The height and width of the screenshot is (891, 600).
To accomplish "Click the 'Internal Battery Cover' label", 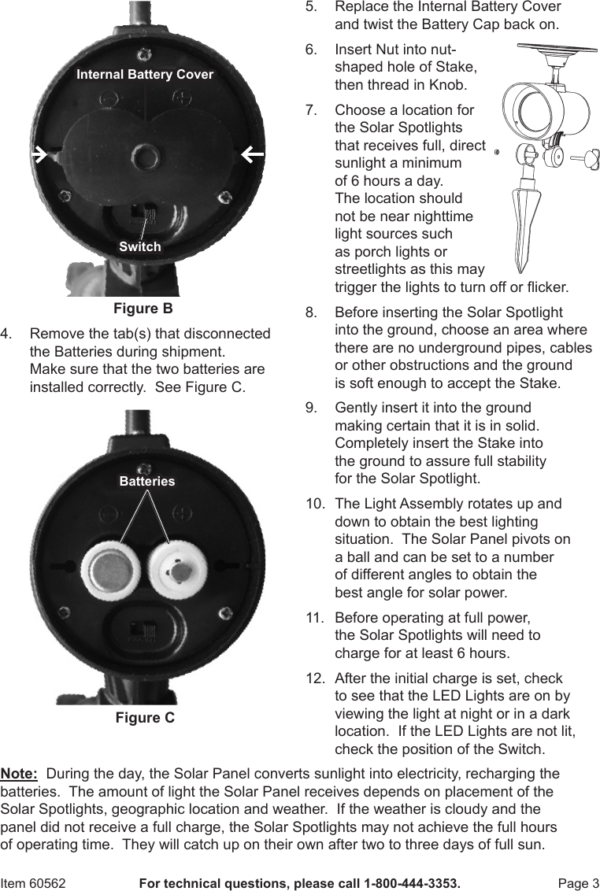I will click(145, 75).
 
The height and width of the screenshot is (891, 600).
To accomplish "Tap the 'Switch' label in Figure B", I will click(140, 246).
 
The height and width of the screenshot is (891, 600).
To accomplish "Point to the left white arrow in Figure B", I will click(38, 154).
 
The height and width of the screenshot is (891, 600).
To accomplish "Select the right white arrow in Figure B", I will click(252, 154).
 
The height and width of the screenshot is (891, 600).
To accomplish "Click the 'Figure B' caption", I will click(143, 308).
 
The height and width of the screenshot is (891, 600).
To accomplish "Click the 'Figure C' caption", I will click(145, 718).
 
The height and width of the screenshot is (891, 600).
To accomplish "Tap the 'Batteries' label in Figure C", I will click(147, 481).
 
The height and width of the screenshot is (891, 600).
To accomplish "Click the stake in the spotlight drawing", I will click(522, 228).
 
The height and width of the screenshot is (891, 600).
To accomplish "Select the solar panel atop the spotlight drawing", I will click(549, 56).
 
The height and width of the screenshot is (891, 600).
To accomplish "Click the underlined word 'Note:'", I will click(20, 773).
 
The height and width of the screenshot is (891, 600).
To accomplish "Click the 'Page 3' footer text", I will click(578, 883).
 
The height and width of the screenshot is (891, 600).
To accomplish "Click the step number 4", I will click(6, 334).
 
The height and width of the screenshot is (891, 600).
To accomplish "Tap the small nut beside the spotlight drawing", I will click(497, 153).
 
